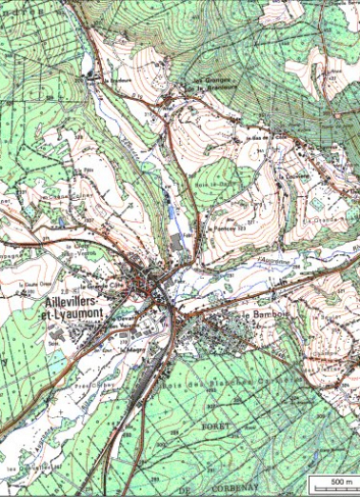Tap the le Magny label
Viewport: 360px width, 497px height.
click(x=132, y=348)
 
